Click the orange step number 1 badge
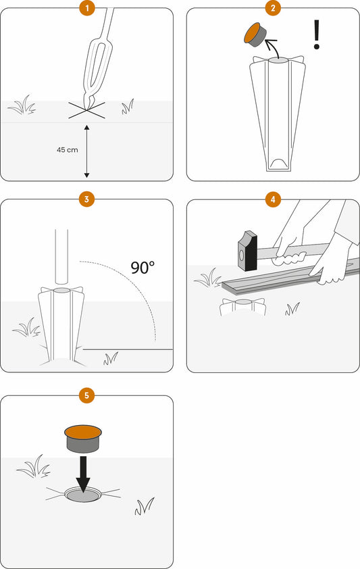86,8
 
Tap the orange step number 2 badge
273,8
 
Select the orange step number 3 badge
86,199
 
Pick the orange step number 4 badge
273,199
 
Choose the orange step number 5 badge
86,395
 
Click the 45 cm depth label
68,149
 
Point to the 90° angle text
143,268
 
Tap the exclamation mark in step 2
317,34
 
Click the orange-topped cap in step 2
255,34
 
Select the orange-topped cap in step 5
83,439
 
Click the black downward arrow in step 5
83,474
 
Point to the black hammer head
248,251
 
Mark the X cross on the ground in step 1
86,110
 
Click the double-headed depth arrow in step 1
86,151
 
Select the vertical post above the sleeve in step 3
61,256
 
